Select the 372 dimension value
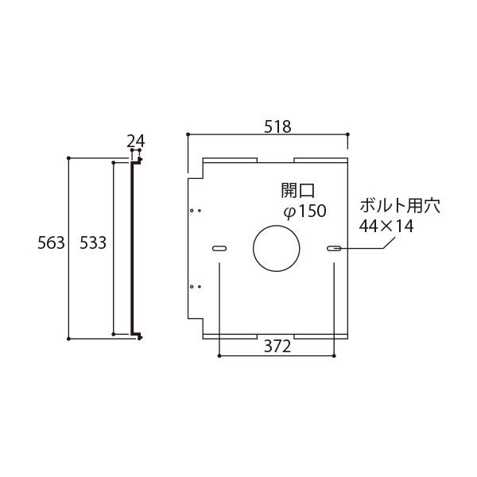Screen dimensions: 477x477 click(277, 347)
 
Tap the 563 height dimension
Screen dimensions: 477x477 click(51, 243)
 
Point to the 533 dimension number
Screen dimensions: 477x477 click(93, 243)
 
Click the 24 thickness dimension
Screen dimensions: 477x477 click(136, 141)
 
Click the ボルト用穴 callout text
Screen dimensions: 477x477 click(399, 205)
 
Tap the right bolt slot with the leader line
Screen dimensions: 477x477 click(335, 249)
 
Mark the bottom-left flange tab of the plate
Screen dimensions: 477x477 click(231, 336)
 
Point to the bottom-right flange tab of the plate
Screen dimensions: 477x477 click(320, 336)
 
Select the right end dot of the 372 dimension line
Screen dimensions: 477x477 click(335, 355)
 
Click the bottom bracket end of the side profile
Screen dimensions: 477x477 click(138, 335)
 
